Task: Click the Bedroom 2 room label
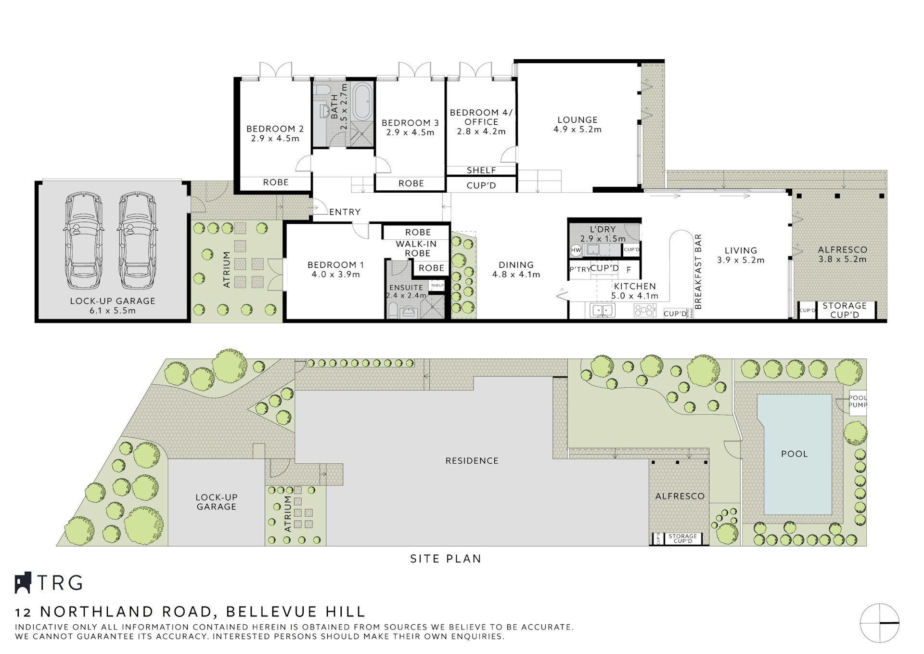coord(275,133)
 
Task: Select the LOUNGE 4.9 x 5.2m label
coord(577,124)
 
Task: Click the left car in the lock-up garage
coord(83,241)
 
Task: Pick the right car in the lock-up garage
coord(137,241)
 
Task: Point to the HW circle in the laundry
coord(576,250)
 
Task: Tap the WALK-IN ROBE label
coord(417,249)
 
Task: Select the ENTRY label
coord(345,212)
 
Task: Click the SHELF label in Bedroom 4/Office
coord(481,170)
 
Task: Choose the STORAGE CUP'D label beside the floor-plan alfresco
coord(845,310)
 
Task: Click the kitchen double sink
coord(602,310)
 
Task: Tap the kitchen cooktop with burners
coord(645,310)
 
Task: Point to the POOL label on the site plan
coord(794,454)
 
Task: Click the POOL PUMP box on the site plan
coord(857,401)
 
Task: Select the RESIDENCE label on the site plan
coord(472,461)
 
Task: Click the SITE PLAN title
coord(446,559)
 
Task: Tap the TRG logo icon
coord(23,583)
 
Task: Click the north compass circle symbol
coord(880,623)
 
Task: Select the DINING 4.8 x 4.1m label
coord(516,270)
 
